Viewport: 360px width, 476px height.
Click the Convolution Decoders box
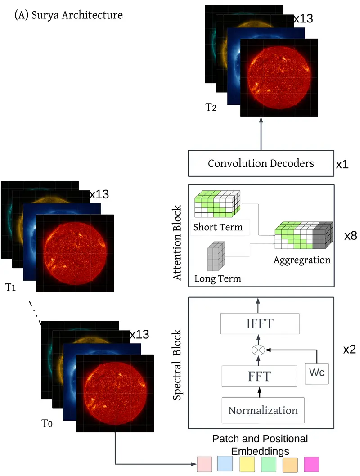click(261, 163)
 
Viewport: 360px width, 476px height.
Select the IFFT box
click(260, 323)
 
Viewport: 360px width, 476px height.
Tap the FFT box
click(260, 376)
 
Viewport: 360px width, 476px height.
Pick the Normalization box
click(263, 410)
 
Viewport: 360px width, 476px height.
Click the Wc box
click(317, 373)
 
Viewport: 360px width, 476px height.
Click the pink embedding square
click(205, 463)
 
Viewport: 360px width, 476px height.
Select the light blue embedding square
click(225, 463)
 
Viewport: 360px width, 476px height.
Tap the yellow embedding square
click(247, 463)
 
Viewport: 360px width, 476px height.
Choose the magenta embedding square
click(311, 463)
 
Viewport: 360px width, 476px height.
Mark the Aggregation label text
click(302, 260)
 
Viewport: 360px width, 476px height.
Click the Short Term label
click(218, 227)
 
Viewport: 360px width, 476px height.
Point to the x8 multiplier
click(351, 236)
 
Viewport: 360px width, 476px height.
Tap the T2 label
click(210, 108)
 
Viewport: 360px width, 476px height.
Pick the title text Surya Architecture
click(68, 15)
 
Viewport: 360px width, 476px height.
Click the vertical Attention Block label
click(178, 243)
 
